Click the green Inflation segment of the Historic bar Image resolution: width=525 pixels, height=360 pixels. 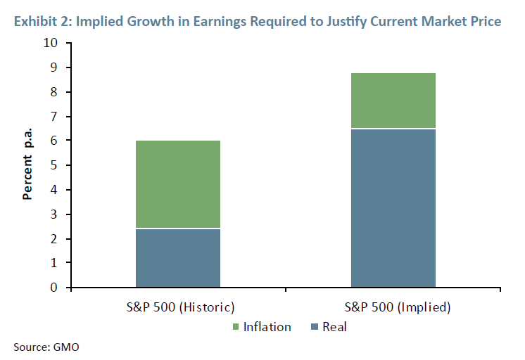point(177,184)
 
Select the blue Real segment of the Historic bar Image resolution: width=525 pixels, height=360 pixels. point(177,258)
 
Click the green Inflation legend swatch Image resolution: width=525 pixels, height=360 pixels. point(236,327)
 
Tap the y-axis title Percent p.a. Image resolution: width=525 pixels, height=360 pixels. point(27,165)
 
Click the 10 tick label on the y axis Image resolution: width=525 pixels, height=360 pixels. point(51,43)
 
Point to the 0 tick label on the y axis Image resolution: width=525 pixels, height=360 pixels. point(53,288)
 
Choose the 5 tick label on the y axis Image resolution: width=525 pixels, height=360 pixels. point(53,165)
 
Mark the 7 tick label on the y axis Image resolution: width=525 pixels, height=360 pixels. point(53,116)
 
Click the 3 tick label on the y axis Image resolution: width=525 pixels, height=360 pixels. point(53,214)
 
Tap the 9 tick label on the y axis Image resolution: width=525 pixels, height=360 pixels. point(53,67)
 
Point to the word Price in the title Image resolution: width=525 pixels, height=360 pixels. point(486,22)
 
